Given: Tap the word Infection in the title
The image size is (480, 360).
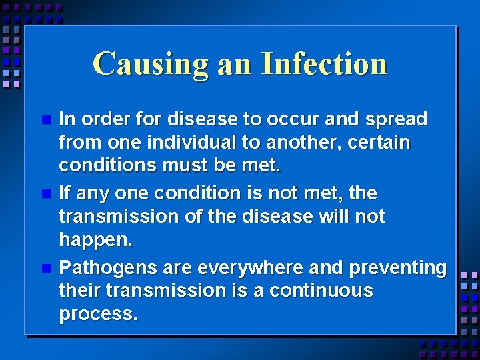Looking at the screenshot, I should point(324,64).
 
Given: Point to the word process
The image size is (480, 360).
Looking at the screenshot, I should point(98,314).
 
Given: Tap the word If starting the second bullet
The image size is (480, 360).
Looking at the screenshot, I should point(65,193).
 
